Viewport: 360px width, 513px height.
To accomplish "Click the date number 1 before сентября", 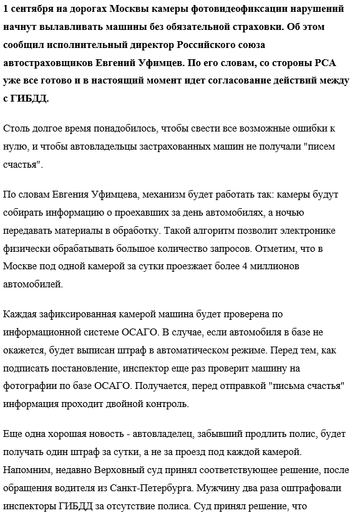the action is pyautogui.click(x=6, y=11).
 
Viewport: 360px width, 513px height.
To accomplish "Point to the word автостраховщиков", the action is pyautogui.click(x=49, y=63).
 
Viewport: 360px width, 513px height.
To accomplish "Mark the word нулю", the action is pyautogui.click(x=16, y=146).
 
